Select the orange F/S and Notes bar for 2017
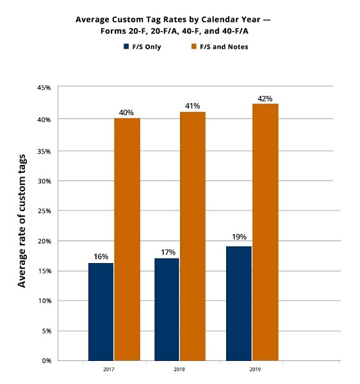click(127, 239)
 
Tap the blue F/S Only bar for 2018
click(166, 308)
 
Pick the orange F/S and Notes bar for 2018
click(192, 236)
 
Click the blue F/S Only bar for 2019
click(238, 303)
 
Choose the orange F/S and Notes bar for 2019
click(265, 232)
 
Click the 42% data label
click(265, 99)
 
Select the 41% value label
click(192, 106)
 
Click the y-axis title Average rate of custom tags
click(23, 221)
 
